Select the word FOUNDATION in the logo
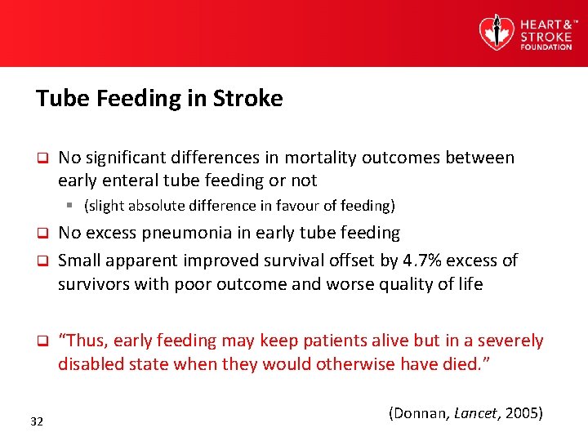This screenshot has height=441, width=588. click(546, 47)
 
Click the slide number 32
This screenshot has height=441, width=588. click(37, 421)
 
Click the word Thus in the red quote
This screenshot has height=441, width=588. click(84, 341)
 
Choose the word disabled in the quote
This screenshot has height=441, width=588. click(91, 364)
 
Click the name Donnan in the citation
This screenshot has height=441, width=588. click(421, 412)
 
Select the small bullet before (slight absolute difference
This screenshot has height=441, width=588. click(72, 205)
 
